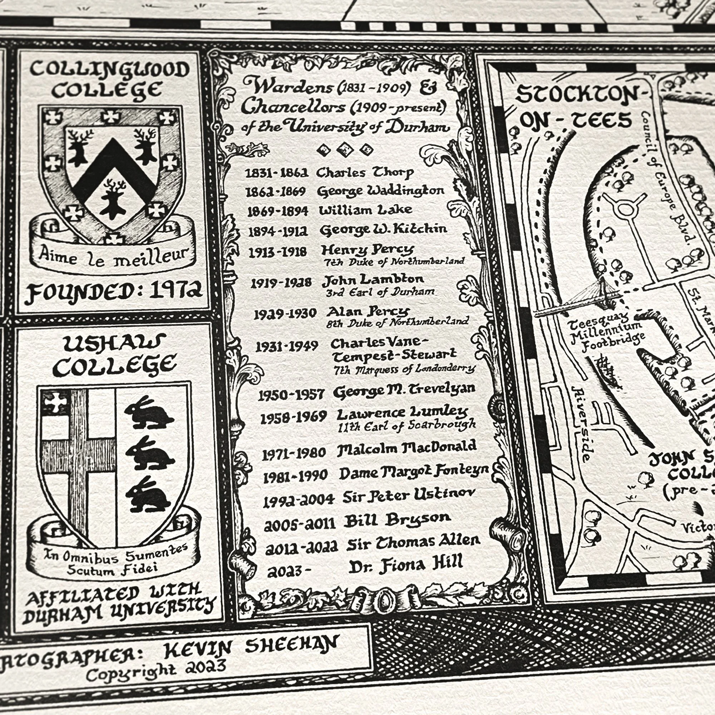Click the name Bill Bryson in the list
point(397,519)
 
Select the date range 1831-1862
point(276,173)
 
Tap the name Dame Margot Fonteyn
point(414,472)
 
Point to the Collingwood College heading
point(109,80)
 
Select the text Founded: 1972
point(115,291)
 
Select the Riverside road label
point(582,424)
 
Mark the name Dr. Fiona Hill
point(406,564)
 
